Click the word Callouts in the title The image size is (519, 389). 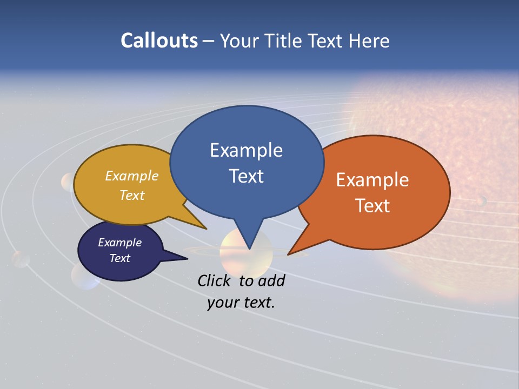point(159,41)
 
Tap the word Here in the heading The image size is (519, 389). point(370,41)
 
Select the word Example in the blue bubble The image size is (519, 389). point(246,150)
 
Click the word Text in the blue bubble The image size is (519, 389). point(246,176)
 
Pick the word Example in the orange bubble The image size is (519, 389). point(372,180)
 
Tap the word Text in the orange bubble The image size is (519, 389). point(372,206)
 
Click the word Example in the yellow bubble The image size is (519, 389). point(132,176)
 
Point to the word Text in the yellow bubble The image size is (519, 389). point(132,195)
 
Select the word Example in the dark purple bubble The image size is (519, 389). point(119,243)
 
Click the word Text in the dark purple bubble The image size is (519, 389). point(119,258)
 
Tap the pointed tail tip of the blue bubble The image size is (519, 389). point(249,249)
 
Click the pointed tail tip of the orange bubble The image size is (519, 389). point(288,254)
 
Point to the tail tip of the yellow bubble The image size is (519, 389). point(206,229)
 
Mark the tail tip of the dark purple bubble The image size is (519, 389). point(187,259)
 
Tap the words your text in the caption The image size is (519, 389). point(241,303)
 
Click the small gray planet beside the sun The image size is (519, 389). point(481,201)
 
